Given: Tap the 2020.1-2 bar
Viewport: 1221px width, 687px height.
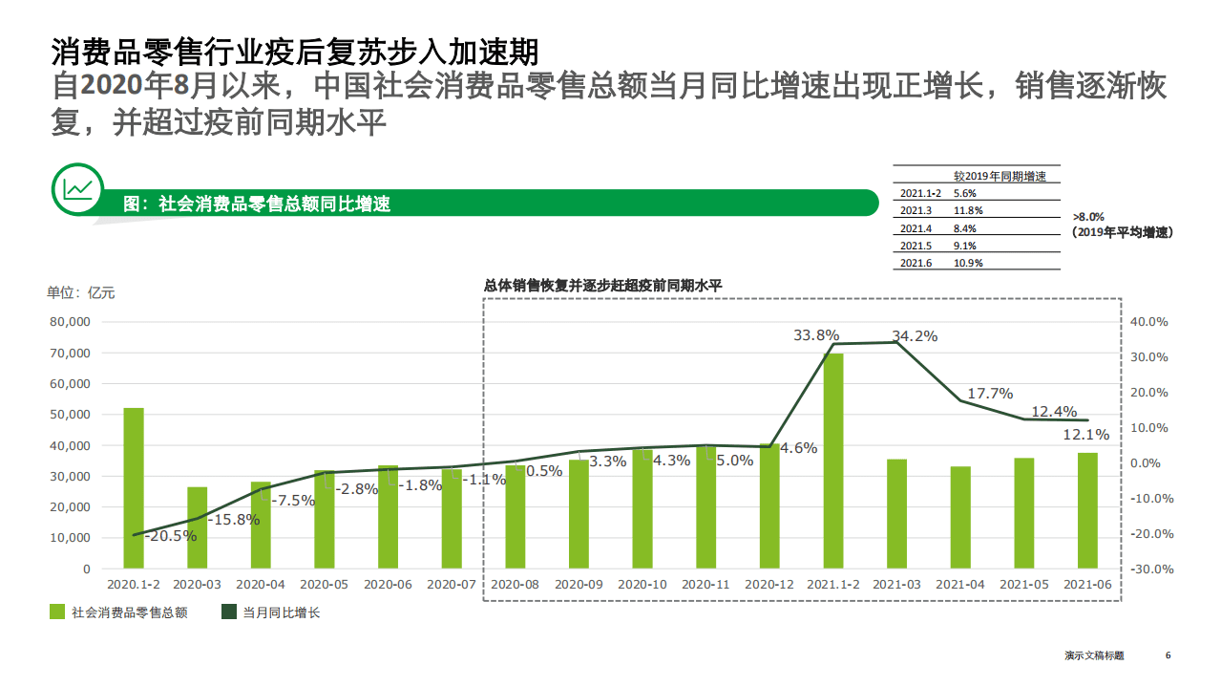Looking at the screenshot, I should (134, 487).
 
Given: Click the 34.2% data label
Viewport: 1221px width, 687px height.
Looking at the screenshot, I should (914, 335).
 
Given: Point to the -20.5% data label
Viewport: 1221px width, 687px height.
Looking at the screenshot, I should (170, 536).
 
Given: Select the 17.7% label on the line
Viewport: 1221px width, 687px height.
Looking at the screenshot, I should (990, 393).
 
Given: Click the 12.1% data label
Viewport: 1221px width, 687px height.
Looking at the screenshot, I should (1085, 435).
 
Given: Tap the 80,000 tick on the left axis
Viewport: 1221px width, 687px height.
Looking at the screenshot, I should (69, 322).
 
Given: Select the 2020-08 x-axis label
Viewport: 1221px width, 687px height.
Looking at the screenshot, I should (515, 584).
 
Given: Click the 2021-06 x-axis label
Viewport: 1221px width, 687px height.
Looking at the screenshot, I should (1087, 584).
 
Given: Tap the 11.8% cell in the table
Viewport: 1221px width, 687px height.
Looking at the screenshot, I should (967, 210).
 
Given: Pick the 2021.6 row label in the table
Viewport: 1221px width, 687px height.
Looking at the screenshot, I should (915, 263).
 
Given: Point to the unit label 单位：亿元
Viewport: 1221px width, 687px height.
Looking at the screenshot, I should (81, 292).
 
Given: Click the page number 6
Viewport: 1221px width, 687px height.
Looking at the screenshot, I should (1168, 655).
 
